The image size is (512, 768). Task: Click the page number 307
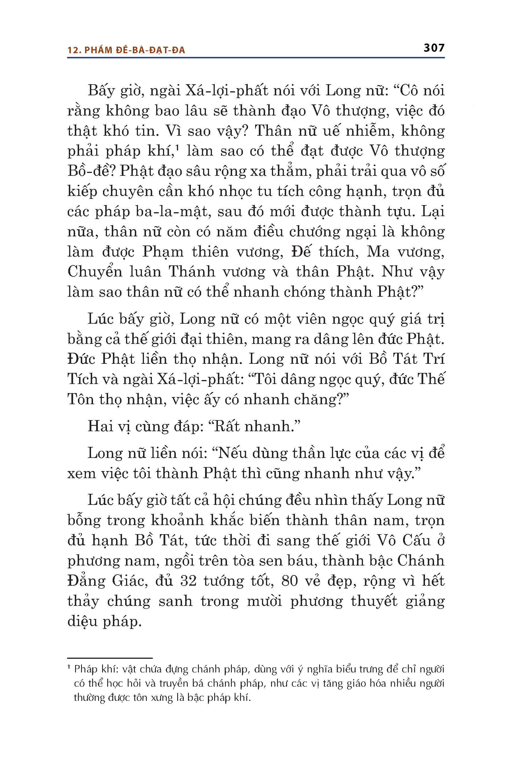(x=434, y=48)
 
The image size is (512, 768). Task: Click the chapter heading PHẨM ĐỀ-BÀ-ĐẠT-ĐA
(x=135, y=50)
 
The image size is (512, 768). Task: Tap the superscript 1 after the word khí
(x=177, y=147)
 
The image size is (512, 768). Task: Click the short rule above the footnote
(x=110, y=658)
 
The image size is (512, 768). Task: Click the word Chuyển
(x=95, y=272)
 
